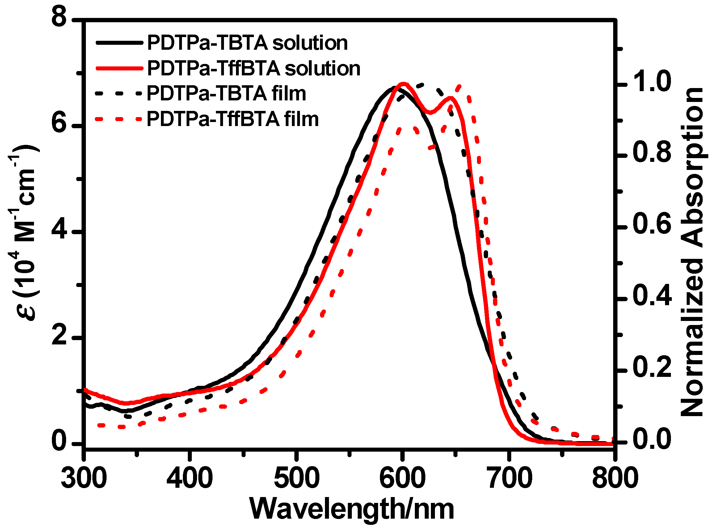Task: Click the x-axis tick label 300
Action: [84, 478]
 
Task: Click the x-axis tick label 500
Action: [297, 478]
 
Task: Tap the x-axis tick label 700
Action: [510, 478]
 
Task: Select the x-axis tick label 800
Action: [615, 478]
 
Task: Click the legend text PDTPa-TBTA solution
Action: [247, 43]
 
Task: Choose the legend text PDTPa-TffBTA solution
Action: [254, 69]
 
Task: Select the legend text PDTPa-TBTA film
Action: [226, 94]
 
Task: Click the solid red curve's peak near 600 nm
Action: [403, 84]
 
